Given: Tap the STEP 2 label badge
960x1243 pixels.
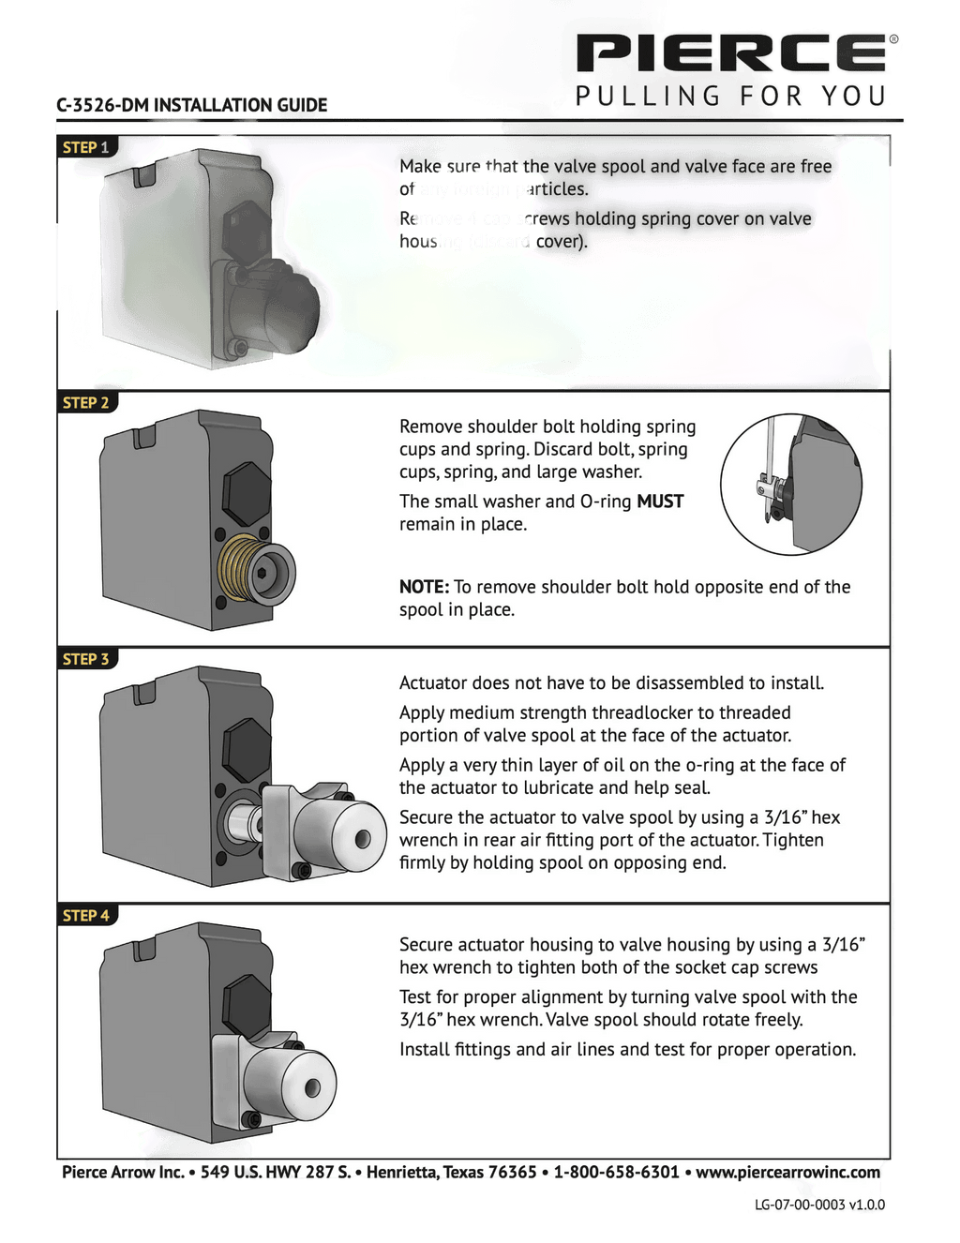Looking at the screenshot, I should click(86, 403).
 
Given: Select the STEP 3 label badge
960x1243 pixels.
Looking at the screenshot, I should click(86, 659).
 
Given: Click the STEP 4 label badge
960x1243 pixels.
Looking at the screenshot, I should click(86, 915).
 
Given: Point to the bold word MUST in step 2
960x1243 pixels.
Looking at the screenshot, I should click(660, 502).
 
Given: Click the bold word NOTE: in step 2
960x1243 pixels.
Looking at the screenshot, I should click(424, 587).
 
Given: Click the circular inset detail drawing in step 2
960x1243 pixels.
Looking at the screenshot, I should click(790, 485).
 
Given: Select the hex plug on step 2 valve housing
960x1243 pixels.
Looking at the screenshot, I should click(247, 493).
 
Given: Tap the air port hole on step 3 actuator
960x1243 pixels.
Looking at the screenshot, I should click(364, 837).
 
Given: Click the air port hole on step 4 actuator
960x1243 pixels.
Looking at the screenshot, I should click(313, 1087).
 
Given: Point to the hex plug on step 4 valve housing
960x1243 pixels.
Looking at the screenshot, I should click(247, 1006).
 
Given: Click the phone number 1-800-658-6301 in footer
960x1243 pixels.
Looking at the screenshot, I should click(616, 1172).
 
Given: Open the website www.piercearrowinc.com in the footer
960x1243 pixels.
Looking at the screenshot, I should click(787, 1172).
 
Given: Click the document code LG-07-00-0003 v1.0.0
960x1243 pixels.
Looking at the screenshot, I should click(819, 1205).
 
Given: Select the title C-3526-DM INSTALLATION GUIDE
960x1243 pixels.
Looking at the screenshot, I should click(192, 105).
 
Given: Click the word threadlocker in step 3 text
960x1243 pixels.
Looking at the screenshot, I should click(642, 712).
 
